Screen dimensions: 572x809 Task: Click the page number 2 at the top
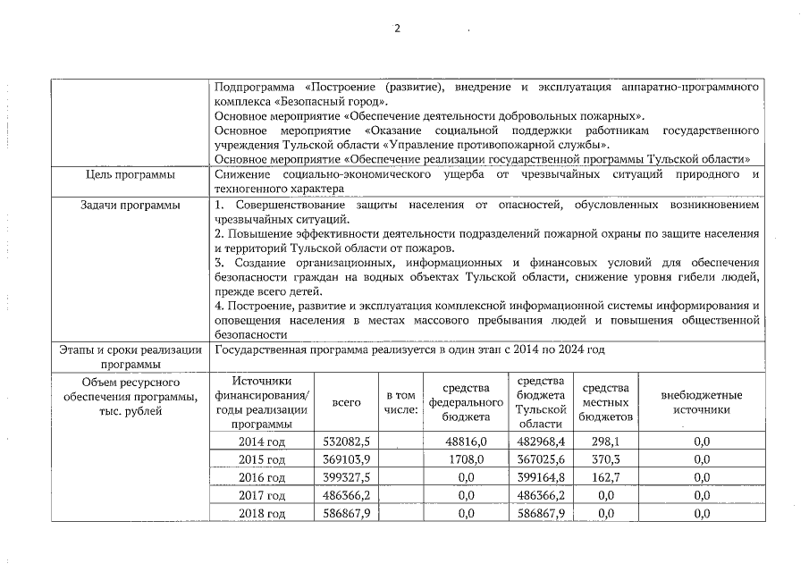point(399,28)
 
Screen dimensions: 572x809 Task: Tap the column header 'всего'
point(345,402)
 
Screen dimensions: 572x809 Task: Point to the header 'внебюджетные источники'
point(701,402)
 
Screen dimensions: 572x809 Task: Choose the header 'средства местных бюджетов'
point(605,402)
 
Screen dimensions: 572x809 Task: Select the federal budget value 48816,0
point(466,442)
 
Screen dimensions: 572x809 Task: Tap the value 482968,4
point(542,442)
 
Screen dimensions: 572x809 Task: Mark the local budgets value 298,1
point(605,442)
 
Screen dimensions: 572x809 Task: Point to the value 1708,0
point(466,459)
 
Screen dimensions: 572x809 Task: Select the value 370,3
point(605,459)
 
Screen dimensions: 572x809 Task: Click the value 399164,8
point(542,477)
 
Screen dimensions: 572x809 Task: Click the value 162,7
point(605,477)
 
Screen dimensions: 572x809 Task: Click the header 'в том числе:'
point(400,402)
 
